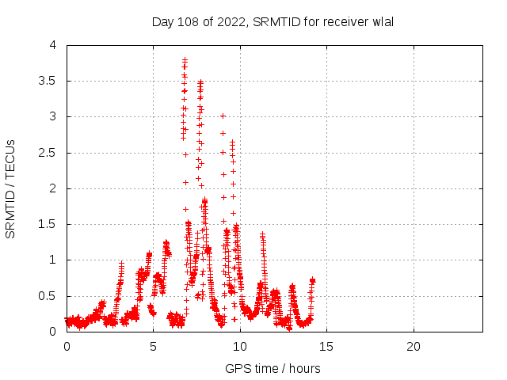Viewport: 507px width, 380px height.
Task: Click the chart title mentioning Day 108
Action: click(x=273, y=21)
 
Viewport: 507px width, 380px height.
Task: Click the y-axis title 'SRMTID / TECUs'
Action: click(x=11, y=188)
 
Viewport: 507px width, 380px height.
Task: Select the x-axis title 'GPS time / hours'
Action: click(x=273, y=368)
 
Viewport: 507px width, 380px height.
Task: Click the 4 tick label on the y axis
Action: click(x=52, y=45)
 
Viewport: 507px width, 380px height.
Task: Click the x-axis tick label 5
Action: click(x=153, y=347)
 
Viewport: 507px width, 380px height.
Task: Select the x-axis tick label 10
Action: click(x=240, y=347)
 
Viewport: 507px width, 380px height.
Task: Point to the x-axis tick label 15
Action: click(x=326, y=347)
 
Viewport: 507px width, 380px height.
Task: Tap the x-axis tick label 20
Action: click(x=413, y=347)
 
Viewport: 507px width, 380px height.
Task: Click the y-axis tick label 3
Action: click(x=52, y=116)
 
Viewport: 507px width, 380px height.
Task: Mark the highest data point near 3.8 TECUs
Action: click(x=185, y=59)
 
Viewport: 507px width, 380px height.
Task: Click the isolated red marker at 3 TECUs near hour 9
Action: click(x=223, y=116)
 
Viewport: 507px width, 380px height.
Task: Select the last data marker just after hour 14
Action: click(x=313, y=280)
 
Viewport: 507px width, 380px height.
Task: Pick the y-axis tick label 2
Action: click(x=52, y=188)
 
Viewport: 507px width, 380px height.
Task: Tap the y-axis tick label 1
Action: click(x=52, y=260)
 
